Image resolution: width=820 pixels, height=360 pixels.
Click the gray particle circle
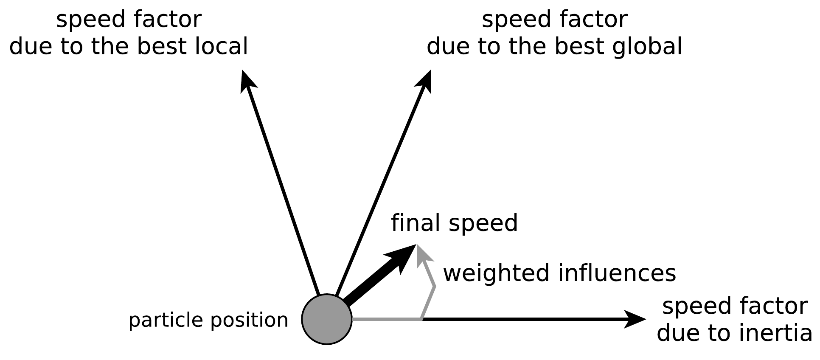click(x=326, y=319)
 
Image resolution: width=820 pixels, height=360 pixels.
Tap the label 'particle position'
click(x=208, y=320)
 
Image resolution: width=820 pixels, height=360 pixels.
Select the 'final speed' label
click(x=454, y=223)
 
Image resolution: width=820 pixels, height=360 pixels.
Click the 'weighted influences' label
click(x=559, y=273)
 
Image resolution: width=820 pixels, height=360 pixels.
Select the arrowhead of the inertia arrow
click(x=635, y=319)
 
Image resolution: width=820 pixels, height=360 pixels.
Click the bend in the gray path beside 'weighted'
click(x=435, y=287)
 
